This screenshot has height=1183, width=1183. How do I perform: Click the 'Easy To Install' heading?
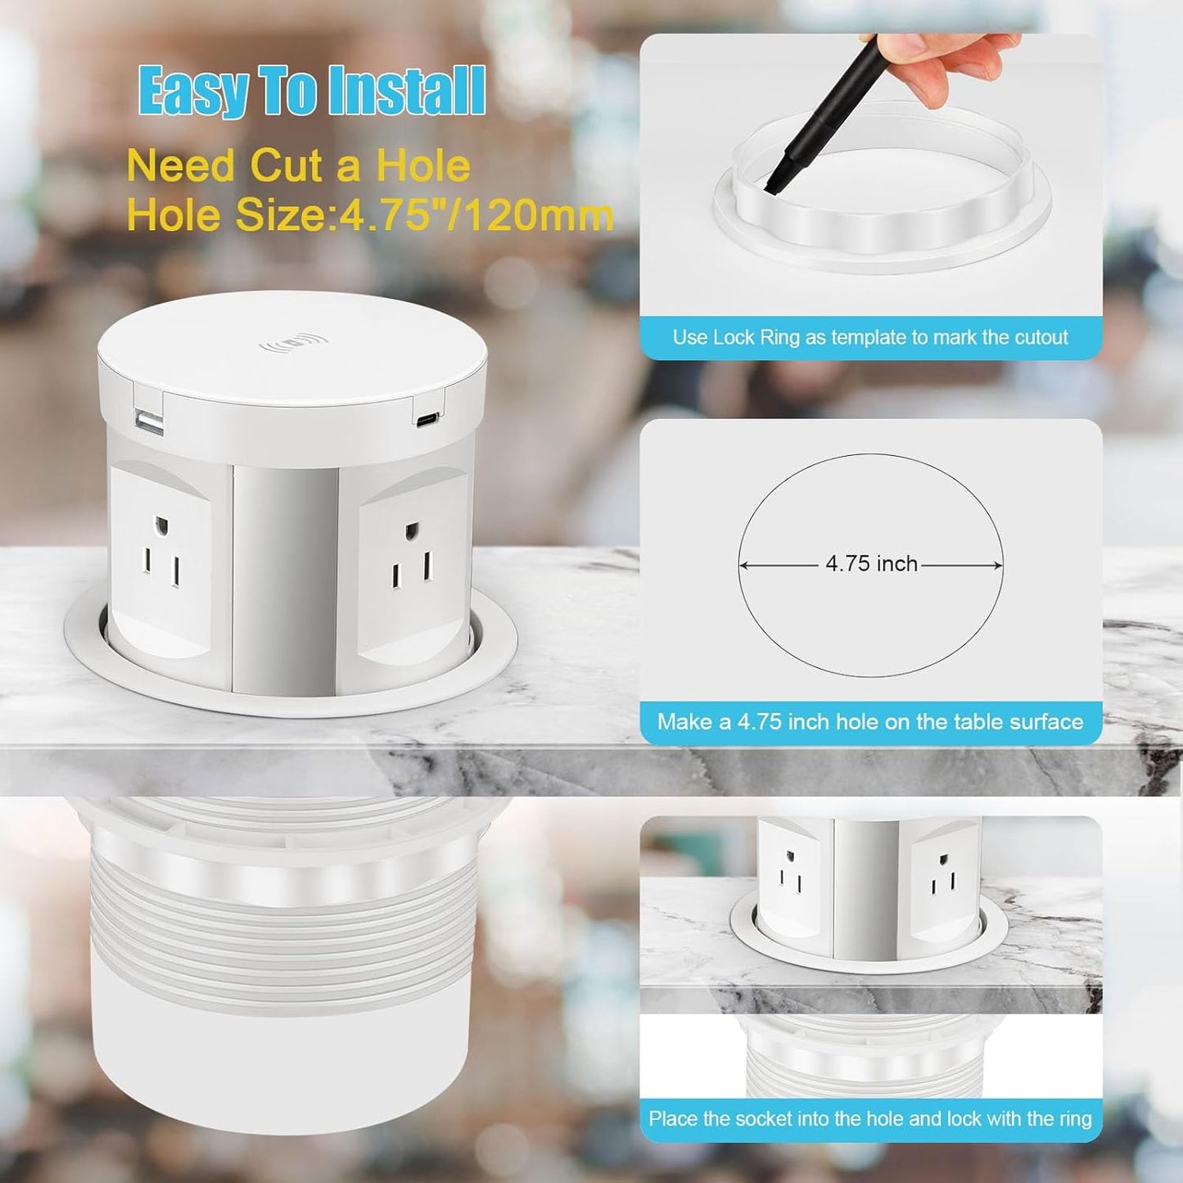pos(312,91)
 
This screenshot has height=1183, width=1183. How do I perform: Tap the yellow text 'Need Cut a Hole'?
pos(299,166)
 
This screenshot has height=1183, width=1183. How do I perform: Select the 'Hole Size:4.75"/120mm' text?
pos(370,215)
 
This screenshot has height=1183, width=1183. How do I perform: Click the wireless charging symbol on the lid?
pos(292,344)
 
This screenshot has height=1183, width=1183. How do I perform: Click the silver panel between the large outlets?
pos(285,573)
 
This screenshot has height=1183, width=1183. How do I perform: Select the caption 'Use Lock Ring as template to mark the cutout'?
pos(870,337)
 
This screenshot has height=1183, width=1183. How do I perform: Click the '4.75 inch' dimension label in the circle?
pos(871,564)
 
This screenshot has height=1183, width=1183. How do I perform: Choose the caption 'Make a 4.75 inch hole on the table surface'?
pos(870,722)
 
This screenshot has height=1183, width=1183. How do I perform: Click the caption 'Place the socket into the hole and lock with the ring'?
pos(870,1118)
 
